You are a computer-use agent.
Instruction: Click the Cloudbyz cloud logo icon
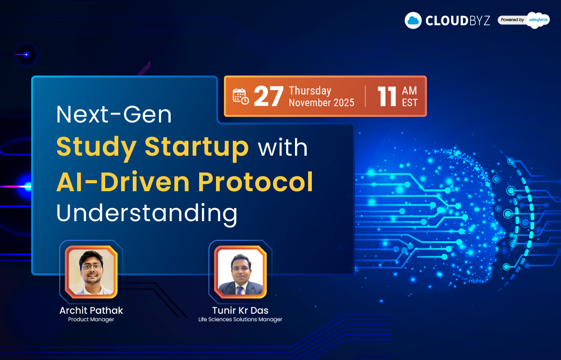pos(413,20)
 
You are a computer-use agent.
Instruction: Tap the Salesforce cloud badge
pos(538,20)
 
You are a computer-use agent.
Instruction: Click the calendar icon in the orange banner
pos(240,96)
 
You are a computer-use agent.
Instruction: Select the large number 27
pos(268,96)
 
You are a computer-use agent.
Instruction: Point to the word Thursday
pos(310,90)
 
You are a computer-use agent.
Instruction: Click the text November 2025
pos(322,102)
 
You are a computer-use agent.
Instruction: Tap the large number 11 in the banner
pos(387,96)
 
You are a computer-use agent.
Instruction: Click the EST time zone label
pos(410,102)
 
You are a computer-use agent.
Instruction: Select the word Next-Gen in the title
pos(114,115)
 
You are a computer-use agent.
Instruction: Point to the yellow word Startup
pos(197,147)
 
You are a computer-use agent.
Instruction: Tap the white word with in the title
pos(283,148)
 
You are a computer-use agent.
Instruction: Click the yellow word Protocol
pos(255,181)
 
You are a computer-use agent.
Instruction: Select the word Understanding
pos(147,214)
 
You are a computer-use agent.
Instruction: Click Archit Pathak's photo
pos(91,272)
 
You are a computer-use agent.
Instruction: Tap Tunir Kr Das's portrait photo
pos(240,272)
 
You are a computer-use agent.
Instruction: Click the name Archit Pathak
pos(91,310)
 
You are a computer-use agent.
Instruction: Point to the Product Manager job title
pos(91,319)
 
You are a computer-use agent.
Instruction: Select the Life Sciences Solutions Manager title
pos(240,319)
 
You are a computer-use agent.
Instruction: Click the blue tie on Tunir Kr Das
pos(239,290)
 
